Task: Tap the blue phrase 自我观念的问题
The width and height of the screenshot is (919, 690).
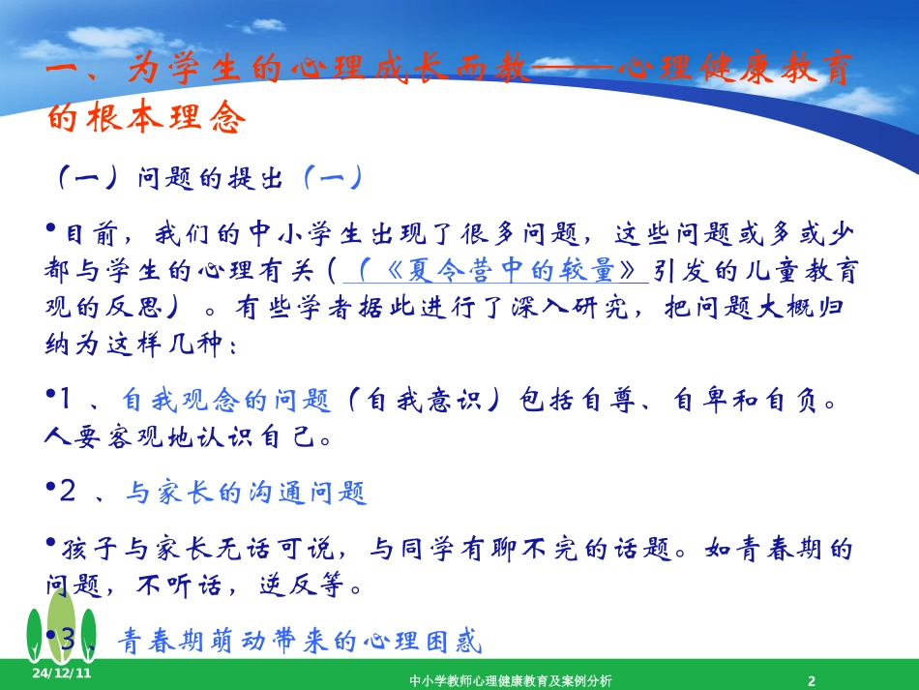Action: pyautogui.click(x=227, y=400)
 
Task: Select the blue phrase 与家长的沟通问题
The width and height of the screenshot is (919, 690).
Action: pyautogui.click(x=246, y=493)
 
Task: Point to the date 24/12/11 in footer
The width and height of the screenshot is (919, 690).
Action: pyautogui.click(x=61, y=673)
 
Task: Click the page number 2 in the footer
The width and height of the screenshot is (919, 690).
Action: pyautogui.click(x=812, y=680)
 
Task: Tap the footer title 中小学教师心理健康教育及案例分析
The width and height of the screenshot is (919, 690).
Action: pyautogui.click(x=510, y=680)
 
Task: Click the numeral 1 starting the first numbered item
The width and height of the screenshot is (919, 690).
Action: pyautogui.click(x=67, y=400)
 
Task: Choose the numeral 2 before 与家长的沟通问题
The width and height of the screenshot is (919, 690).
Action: pyautogui.click(x=68, y=493)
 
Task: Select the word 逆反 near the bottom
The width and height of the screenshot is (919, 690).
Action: pyautogui.click(x=280, y=585)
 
